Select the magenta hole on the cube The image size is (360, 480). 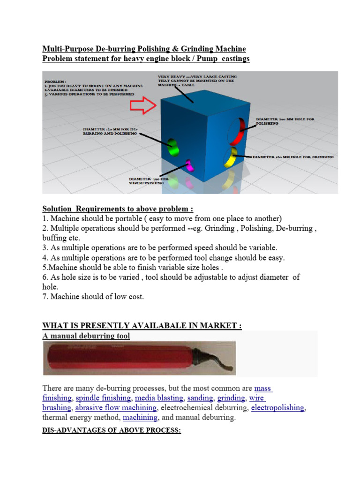[190, 165]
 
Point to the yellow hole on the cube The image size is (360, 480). [230, 157]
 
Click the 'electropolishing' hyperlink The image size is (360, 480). [278, 408]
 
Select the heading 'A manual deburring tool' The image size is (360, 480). [86, 336]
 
